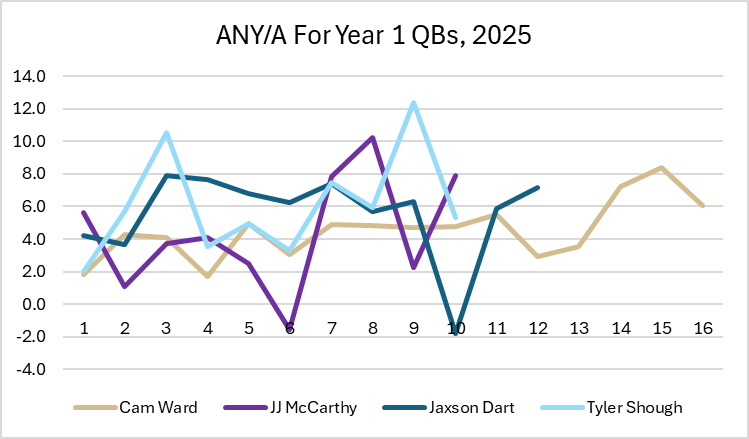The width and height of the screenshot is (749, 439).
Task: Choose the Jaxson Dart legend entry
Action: (x=466, y=407)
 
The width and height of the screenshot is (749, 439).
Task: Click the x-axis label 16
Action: (x=704, y=327)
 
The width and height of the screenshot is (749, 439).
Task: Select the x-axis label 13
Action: (x=580, y=327)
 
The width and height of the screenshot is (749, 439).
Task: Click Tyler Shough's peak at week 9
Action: (x=413, y=102)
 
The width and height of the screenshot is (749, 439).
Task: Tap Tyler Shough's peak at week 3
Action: (x=166, y=133)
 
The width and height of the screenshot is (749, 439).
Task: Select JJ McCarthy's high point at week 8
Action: (x=372, y=138)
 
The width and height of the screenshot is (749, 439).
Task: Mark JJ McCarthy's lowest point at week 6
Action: (x=289, y=328)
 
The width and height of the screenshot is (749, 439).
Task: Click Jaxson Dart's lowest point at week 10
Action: (x=456, y=332)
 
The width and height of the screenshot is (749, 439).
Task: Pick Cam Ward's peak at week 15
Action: (x=662, y=168)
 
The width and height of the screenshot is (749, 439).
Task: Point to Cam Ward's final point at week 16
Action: (x=704, y=206)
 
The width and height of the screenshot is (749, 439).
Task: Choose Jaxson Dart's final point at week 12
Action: (x=538, y=187)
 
